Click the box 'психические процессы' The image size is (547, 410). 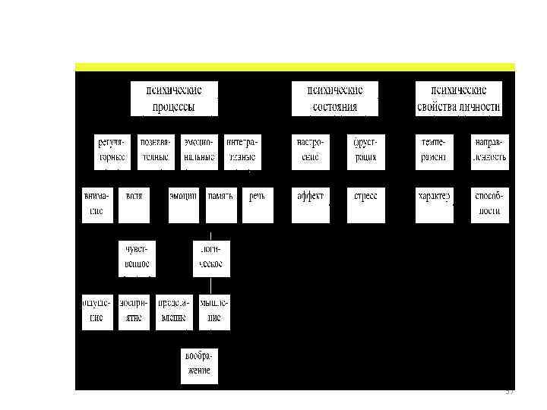(175, 99)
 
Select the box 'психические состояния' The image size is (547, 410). (335, 99)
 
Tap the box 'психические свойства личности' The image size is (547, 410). (459, 99)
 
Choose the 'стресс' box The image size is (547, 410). (366, 203)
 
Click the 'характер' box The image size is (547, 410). (435, 203)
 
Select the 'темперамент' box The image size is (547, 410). (435, 150)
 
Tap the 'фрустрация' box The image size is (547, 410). (366, 150)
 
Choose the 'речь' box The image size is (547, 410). (258, 203)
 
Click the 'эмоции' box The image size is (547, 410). (183, 203)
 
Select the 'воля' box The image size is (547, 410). (134, 203)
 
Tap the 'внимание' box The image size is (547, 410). (97, 203)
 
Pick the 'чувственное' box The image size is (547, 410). (137, 257)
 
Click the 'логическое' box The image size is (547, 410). (211, 257)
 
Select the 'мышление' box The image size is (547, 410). (214, 311)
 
